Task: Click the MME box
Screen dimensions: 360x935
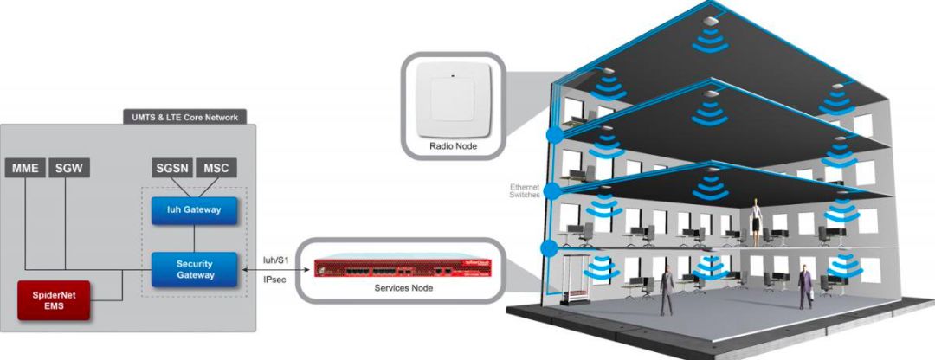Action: pos(24,167)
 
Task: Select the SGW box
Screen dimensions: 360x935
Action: pos(66,167)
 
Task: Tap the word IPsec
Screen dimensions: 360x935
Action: pos(274,280)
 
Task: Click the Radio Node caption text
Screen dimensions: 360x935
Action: pos(453,146)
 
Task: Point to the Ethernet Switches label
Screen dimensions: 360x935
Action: pos(523,191)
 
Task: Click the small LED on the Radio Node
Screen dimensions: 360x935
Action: pos(453,78)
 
